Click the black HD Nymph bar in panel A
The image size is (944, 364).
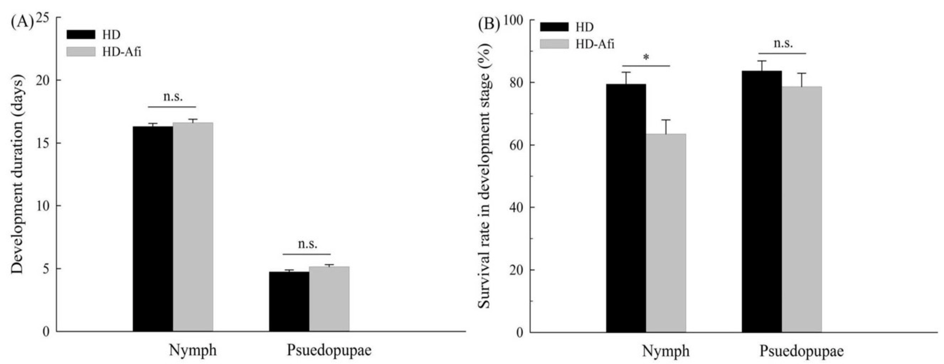click(x=153, y=229)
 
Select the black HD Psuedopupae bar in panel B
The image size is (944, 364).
click(x=762, y=201)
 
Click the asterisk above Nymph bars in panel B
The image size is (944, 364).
click(x=646, y=58)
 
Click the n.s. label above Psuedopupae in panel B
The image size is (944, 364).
click(x=783, y=44)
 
